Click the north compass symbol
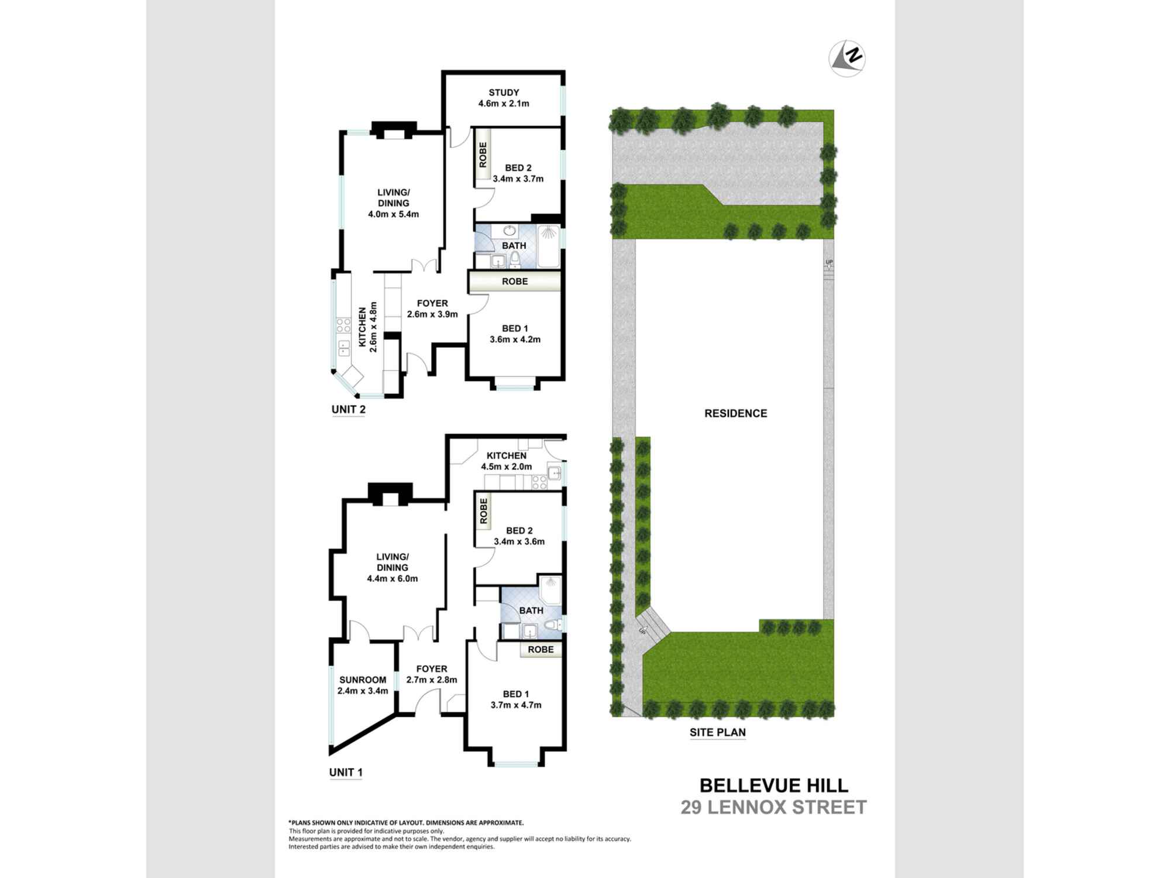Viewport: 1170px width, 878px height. coord(847,59)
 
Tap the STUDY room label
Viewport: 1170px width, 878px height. coord(504,92)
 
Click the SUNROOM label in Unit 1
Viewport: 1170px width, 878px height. coord(363,680)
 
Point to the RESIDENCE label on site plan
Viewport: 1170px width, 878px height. coord(735,413)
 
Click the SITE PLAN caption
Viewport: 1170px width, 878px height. coord(717,732)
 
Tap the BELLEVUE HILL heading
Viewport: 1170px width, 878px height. coord(773,785)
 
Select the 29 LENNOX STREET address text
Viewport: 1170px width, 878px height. coord(773,808)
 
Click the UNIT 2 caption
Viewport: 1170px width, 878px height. coord(348,410)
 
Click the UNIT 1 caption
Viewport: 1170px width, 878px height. coord(346,773)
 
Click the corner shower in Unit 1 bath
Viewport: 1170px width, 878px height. coord(549,585)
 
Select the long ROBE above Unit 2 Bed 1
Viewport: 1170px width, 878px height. coord(515,282)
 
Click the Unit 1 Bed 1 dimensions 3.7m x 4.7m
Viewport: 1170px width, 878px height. coord(516,705)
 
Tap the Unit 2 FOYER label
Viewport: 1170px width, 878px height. coord(432,303)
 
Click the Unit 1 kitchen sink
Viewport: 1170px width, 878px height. coord(553,472)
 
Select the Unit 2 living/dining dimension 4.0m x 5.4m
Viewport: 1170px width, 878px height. coord(393,214)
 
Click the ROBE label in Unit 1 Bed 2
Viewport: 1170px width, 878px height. coord(484,510)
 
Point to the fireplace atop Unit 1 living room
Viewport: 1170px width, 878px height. coord(390,493)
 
